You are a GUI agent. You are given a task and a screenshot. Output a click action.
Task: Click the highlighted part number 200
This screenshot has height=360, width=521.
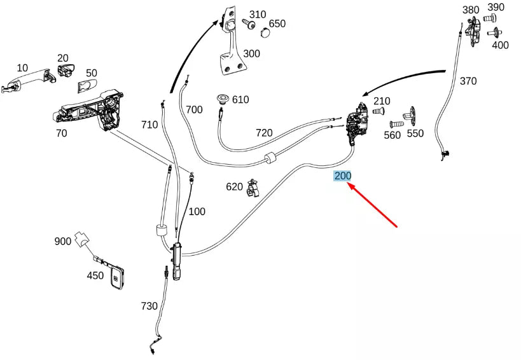(343, 176)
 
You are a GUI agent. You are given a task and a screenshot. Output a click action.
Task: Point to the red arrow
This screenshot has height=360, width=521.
(373, 205)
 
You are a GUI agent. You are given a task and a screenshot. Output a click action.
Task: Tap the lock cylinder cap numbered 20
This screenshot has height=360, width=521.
(66, 70)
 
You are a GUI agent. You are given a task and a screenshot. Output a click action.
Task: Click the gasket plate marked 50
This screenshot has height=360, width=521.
(87, 87)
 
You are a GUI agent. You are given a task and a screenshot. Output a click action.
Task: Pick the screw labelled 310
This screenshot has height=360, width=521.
(248, 24)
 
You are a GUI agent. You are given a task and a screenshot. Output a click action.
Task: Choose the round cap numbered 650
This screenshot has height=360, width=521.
(265, 32)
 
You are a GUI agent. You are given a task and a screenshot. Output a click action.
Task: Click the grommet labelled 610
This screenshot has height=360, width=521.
(223, 99)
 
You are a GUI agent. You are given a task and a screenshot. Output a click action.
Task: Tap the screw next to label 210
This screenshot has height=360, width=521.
(379, 111)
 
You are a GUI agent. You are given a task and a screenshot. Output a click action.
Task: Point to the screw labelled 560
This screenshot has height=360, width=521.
(396, 125)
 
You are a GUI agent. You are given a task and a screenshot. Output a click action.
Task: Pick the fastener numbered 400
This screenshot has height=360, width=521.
(495, 32)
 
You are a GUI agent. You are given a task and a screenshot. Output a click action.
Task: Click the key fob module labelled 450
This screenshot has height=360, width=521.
(116, 276)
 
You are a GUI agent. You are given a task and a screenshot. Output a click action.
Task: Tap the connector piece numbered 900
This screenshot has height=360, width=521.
(81, 239)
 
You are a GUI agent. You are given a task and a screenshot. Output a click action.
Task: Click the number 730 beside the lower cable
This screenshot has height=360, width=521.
(149, 305)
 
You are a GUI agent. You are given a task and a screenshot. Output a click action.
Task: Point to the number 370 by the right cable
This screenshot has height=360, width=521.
(468, 81)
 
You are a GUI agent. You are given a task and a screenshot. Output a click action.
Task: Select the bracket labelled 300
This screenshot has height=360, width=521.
(232, 41)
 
